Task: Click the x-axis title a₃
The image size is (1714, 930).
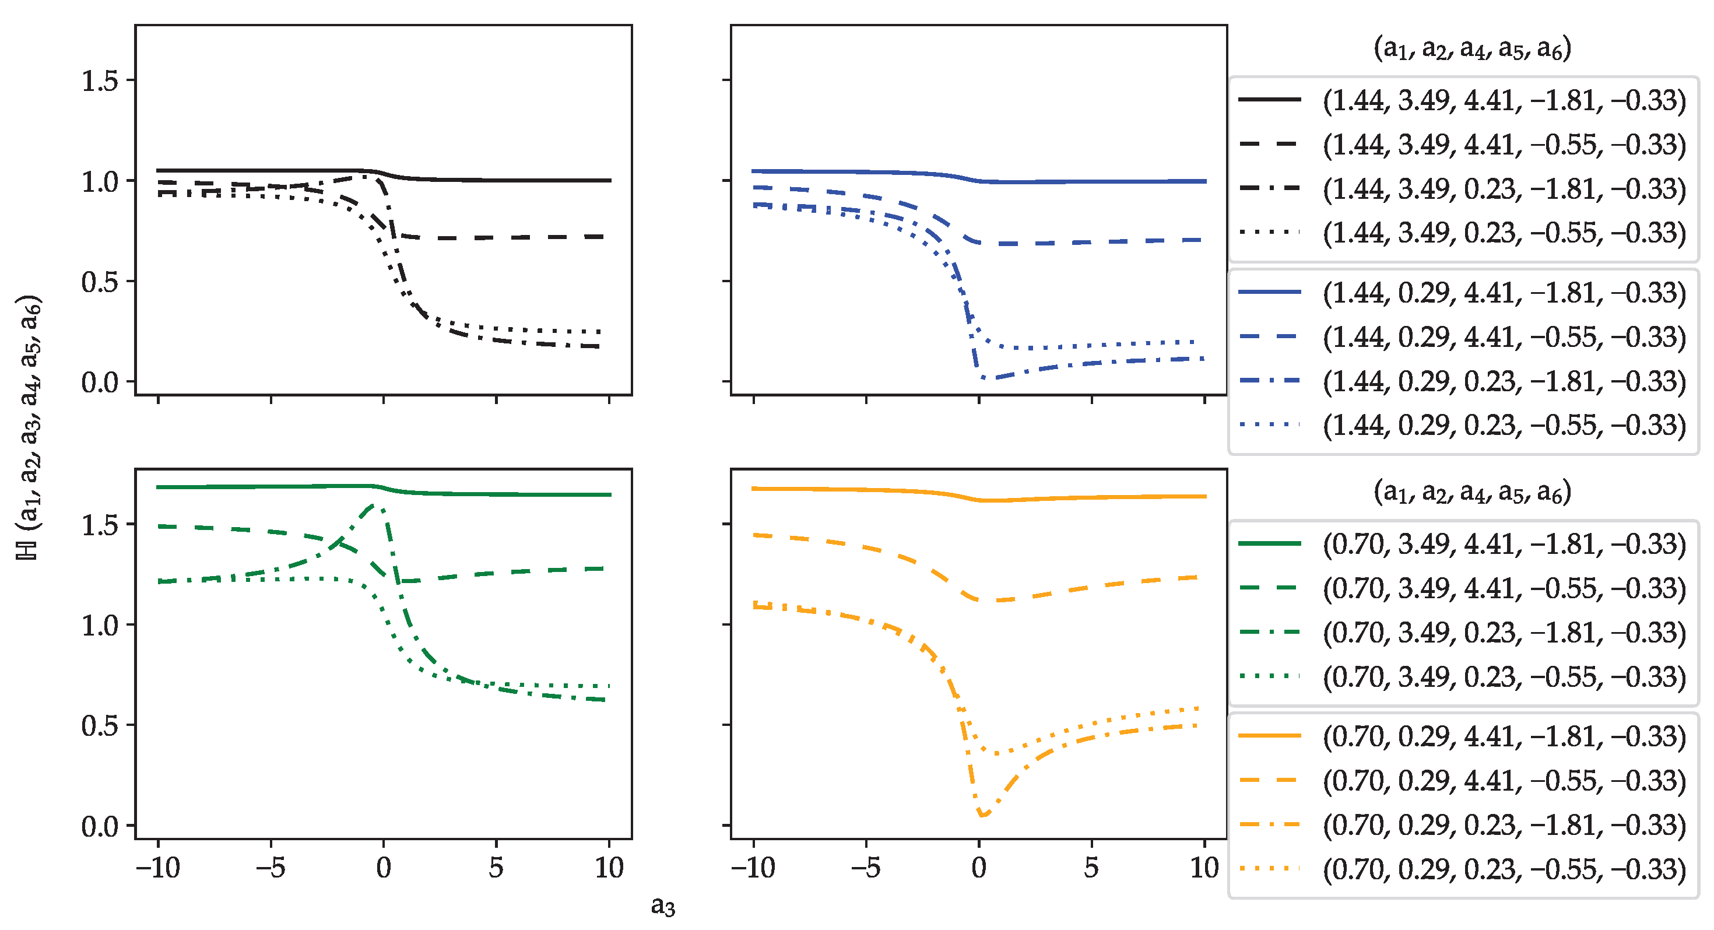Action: point(663,906)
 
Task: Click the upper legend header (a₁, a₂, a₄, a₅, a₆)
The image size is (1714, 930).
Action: point(1472,48)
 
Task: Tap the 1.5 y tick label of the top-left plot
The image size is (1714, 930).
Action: point(99,81)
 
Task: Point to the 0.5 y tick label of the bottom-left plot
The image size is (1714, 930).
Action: point(99,726)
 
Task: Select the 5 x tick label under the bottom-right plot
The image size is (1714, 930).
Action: point(1091,868)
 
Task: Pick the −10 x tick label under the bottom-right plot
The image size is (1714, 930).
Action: point(753,868)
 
